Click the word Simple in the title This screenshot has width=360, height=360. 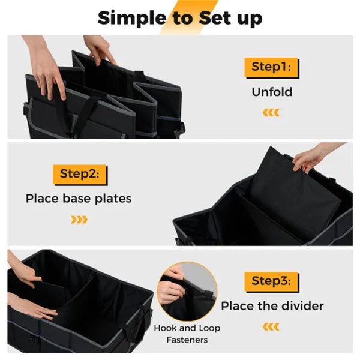(x=129, y=18)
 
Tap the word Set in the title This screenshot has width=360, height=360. (x=211, y=18)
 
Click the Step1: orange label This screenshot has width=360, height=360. (x=271, y=67)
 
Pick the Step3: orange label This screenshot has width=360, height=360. (x=271, y=281)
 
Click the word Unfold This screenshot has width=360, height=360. (x=271, y=92)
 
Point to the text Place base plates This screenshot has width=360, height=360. (x=79, y=198)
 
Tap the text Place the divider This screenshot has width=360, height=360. (x=272, y=306)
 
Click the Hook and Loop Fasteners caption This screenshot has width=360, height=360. (x=187, y=334)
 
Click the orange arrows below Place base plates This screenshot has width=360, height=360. (x=79, y=219)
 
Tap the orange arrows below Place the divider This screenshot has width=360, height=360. (x=271, y=326)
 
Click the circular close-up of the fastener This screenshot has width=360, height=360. (x=187, y=290)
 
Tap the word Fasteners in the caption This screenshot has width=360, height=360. (x=188, y=340)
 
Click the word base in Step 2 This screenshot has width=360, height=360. (x=78, y=198)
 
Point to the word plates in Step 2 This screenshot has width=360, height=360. (x=114, y=199)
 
